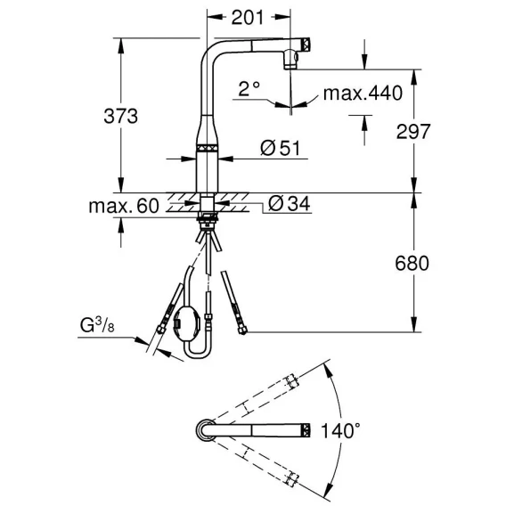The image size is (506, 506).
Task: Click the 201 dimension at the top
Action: pyautogui.click(x=247, y=17)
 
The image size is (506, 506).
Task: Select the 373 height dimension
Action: pyautogui.click(x=120, y=116)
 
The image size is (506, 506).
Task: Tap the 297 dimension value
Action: pyautogui.click(x=413, y=131)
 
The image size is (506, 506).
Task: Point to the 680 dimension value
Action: pyautogui.click(x=412, y=263)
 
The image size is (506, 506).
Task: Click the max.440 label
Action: pyautogui.click(x=363, y=94)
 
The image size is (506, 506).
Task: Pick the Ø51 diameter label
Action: pyautogui.click(x=280, y=148)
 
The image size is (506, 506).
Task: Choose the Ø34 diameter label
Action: pyautogui.click(x=290, y=204)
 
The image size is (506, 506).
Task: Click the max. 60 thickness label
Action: pyautogui.click(x=124, y=206)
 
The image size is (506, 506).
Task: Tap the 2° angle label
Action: pyautogui.click(x=249, y=89)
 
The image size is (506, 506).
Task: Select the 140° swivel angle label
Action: pyautogui.click(x=340, y=430)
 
